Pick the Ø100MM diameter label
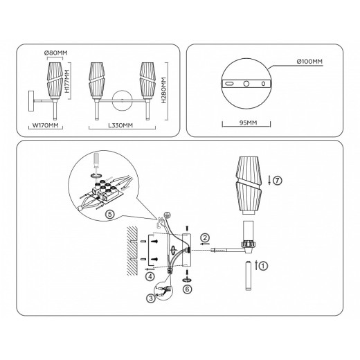pos(309,62)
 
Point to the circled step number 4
pos(150,276)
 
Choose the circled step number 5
pos(109,214)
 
